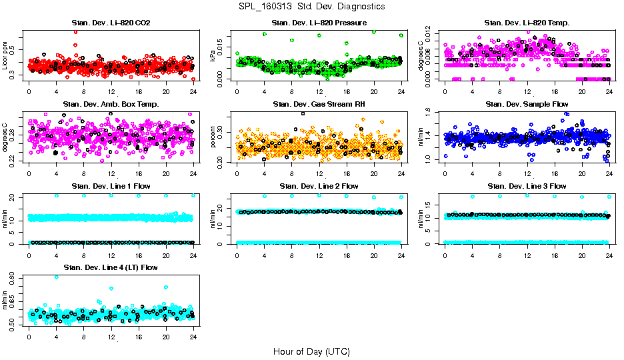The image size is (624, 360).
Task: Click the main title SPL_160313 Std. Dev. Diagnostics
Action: point(311,7)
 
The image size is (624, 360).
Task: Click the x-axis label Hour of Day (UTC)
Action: point(311,351)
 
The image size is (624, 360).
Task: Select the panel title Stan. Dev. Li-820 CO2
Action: point(111,23)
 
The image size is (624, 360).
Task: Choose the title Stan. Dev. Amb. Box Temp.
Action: point(111,104)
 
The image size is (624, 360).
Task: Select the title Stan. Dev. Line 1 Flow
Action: point(111,185)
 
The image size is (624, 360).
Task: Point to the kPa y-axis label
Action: point(213,55)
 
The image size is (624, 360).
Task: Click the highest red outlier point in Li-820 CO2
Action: point(75,31)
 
